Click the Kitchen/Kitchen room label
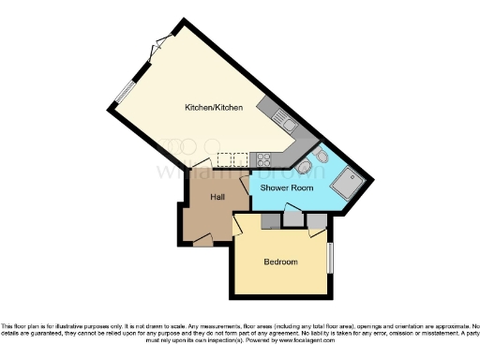(x=214, y=108)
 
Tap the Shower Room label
(x=286, y=188)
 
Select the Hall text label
(x=217, y=197)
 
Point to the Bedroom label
(x=280, y=262)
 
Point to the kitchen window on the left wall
(x=123, y=92)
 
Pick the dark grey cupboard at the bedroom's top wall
(x=271, y=219)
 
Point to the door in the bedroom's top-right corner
(x=318, y=222)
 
